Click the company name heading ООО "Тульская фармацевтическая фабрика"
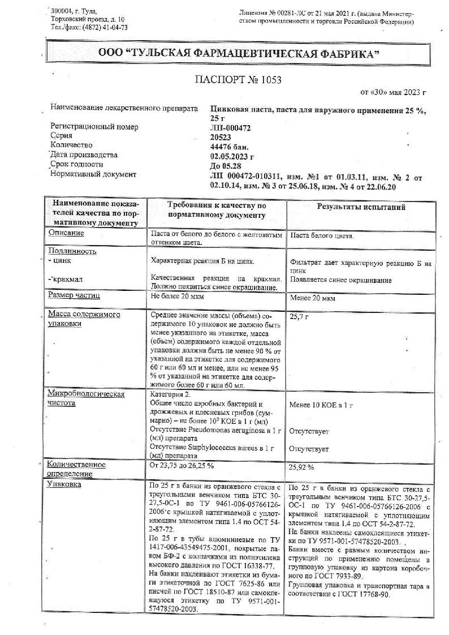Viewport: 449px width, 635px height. click(238, 53)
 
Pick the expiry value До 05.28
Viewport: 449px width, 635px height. click(225, 165)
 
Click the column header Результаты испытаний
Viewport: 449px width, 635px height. click(361, 207)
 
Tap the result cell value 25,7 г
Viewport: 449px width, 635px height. click(300, 317)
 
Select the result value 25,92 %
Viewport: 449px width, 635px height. click(302, 468)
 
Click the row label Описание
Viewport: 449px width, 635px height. click(66, 233)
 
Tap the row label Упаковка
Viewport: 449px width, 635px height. click(64, 484)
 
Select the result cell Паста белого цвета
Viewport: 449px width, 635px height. click(322, 235)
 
